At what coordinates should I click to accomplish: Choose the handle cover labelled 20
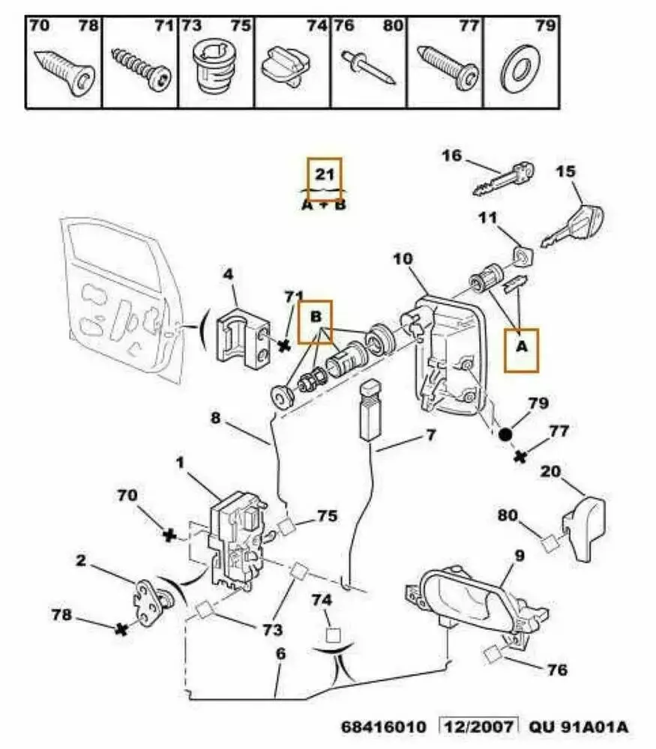584,528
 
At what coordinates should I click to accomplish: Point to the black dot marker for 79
505,434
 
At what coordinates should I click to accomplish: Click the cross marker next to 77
519,455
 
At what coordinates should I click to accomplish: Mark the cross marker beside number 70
169,535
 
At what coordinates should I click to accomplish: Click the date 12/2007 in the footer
479,727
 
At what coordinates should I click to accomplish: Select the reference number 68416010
385,727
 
